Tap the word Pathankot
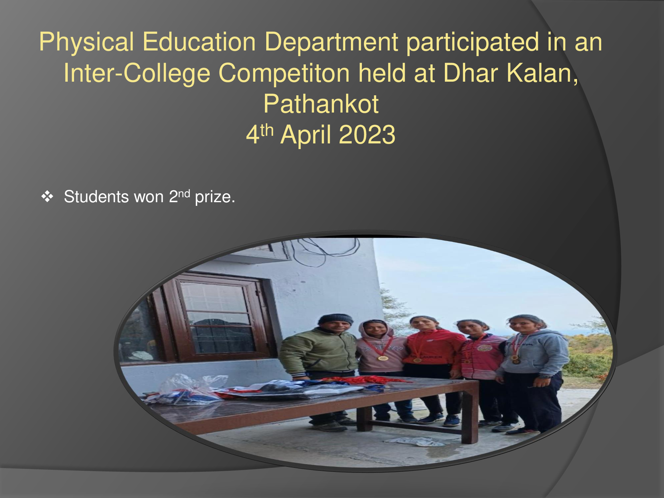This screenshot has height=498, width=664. [x=321, y=104]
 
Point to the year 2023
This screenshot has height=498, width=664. [x=367, y=135]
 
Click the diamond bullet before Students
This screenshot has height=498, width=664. [x=47, y=197]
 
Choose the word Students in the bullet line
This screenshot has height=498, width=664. [x=96, y=197]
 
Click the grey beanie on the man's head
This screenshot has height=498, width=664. [x=336, y=319]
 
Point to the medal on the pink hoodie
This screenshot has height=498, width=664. [x=382, y=358]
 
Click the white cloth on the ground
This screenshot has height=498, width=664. [x=415, y=442]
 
